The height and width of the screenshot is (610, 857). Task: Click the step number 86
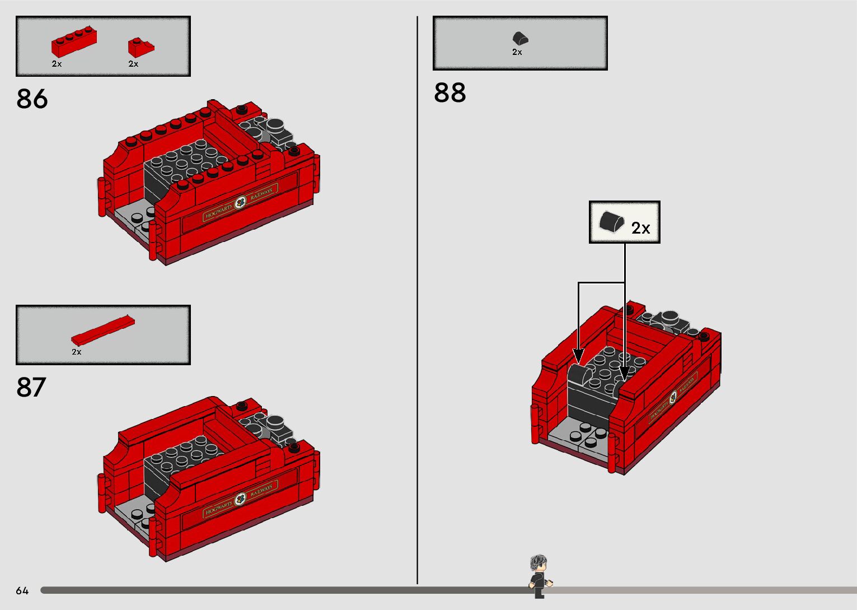pyautogui.click(x=32, y=99)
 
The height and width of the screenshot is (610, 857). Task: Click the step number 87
pyautogui.click(x=31, y=388)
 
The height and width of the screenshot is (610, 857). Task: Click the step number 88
pyautogui.click(x=449, y=93)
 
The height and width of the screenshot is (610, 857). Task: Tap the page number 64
pyautogui.click(x=22, y=590)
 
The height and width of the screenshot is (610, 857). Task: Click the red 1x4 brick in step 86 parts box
pyautogui.click(x=74, y=42)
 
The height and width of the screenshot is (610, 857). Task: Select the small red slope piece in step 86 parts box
pyautogui.click(x=141, y=47)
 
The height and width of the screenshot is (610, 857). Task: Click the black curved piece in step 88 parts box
pyautogui.click(x=521, y=38)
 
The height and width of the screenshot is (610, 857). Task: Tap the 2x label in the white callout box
pyautogui.click(x=640, y=228)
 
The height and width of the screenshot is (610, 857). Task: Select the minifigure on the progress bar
pyautogui.click(x=539, y=576)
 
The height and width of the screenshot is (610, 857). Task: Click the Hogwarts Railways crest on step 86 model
pyautogui.click(x=241, y=203)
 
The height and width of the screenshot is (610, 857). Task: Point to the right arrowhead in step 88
pyautogui.click(x=625, y=374)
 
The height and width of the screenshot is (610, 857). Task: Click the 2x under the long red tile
pyautogui.click(x=77, y=352)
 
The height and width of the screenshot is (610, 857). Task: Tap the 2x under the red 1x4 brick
pyautogui.click(x=57, y=64)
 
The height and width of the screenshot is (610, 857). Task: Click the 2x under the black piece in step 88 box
pyautogui.click(x=517, y=52)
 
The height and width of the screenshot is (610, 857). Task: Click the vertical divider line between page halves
pyautogui.click(x=417, y=302)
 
